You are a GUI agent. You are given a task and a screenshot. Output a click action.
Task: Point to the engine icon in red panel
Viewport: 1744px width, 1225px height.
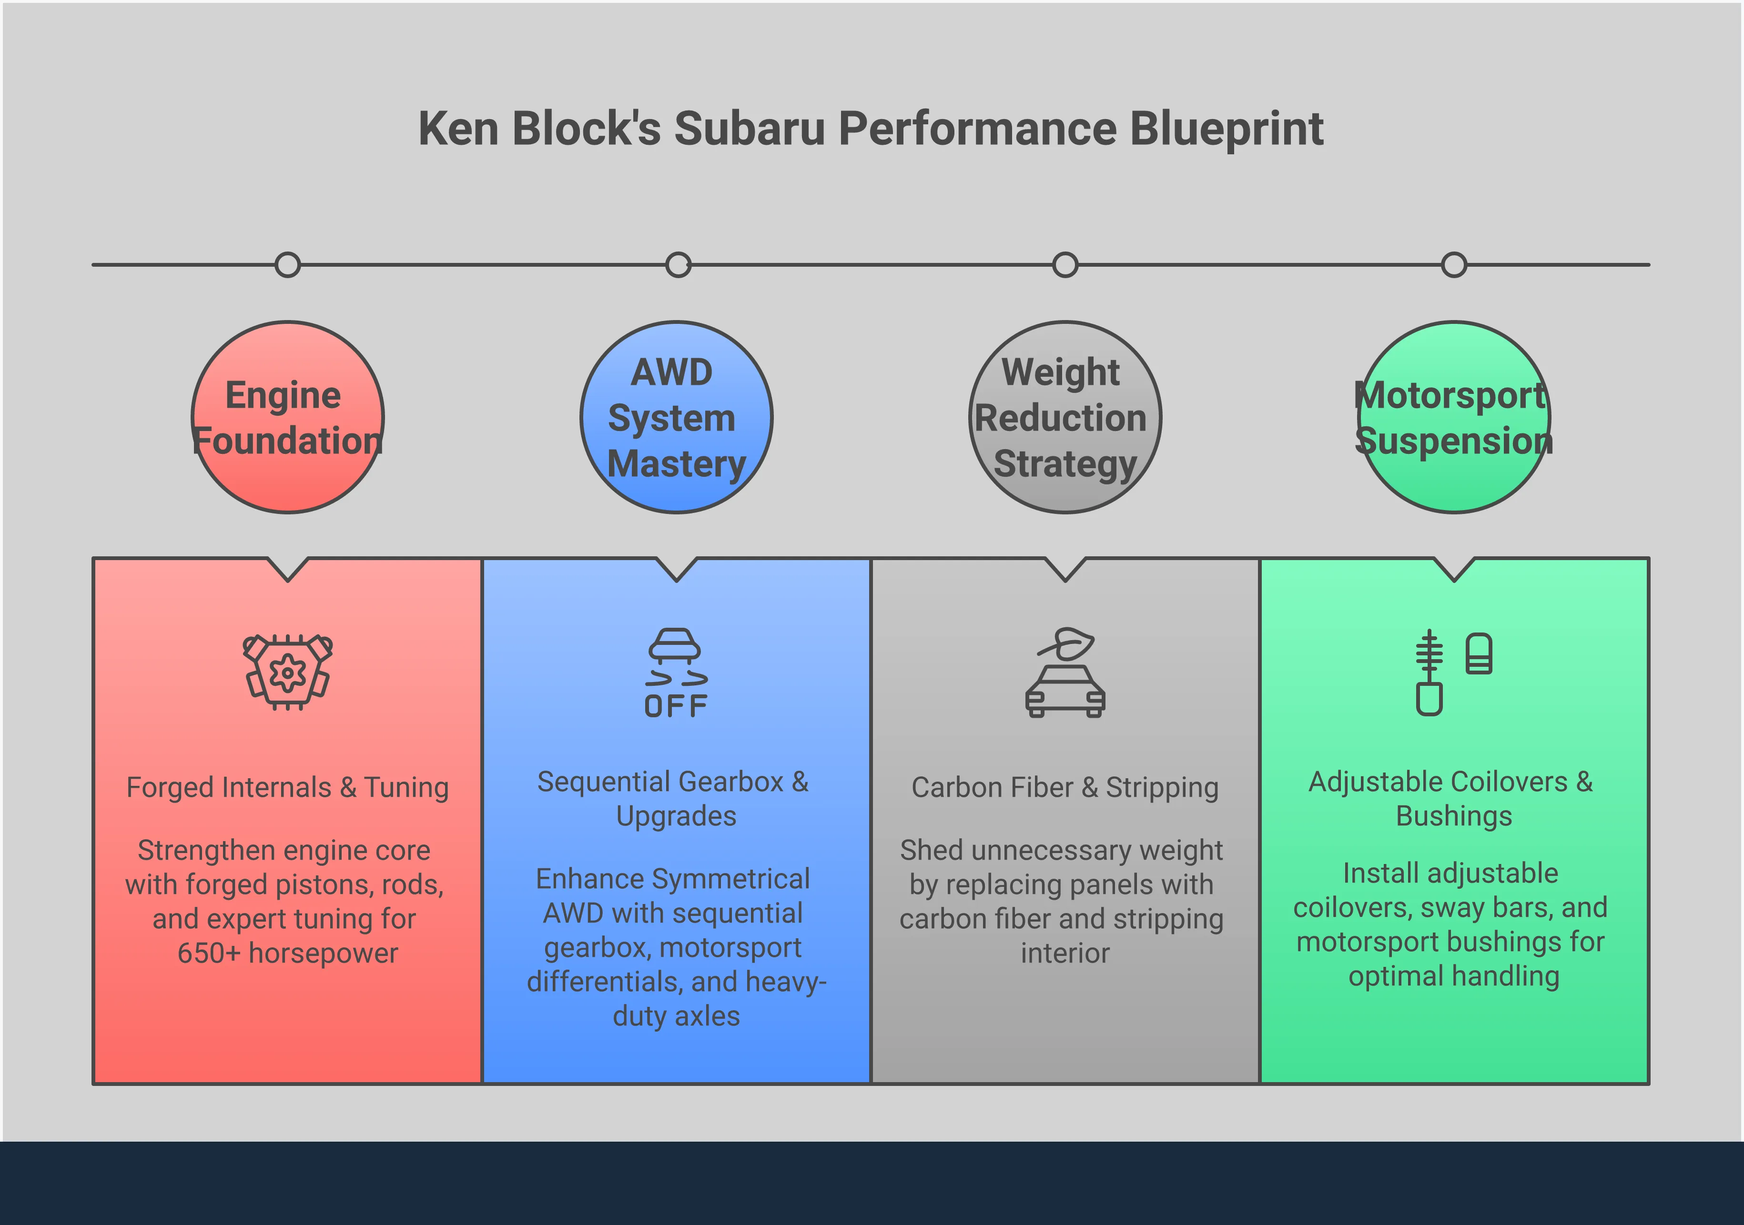[x=288, y=672]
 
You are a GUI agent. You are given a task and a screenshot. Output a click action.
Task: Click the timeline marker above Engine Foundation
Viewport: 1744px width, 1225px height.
[x=288, y=265]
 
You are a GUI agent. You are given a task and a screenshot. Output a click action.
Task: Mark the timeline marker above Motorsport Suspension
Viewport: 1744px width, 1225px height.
[x=1454, y=265]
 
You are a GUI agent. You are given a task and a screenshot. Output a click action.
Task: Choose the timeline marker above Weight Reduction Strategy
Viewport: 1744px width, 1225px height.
[x=1065, y=265]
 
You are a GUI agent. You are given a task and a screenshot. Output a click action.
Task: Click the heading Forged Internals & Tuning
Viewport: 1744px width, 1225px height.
[x=288, y=788]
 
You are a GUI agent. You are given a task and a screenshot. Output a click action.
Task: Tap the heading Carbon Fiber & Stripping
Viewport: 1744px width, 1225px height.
[x=1065, y=788]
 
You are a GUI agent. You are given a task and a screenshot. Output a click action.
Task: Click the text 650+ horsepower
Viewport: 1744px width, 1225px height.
[x=288, y=953]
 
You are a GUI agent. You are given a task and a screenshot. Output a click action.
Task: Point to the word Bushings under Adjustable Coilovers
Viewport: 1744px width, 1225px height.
[x=1454, y=816]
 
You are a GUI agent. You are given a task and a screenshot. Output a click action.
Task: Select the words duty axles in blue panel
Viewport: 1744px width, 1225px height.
[x=676, y=1016]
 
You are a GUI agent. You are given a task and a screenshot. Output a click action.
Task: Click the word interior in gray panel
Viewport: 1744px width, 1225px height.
[x=1065, y=953]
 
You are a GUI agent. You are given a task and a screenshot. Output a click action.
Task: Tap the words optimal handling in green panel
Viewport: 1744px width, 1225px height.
[x=1454, y=976]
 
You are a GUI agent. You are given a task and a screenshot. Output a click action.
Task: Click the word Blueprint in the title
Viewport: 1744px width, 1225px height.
[x=1227, y=129]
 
